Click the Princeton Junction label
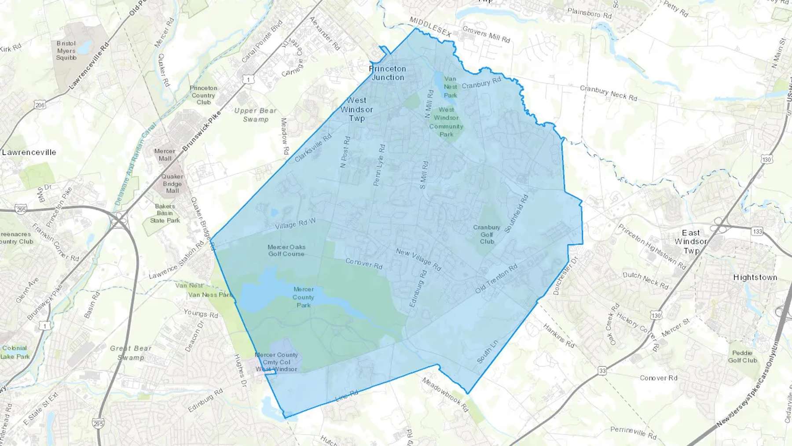pyautogui.click(x=388, y=73)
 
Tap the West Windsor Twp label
pyautogui.click(x=357, y=109)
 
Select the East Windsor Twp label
pyautogui.click(x=691, y=241)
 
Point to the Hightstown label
pyautogui.click(x=755, y=277)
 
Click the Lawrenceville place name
pyautogui.click(x=29, y=152)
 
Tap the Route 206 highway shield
pyautogui.click(x=40, y=105)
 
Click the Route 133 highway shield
pyautogui.click(x=757, y=231)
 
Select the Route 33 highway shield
pyautogui.click(x=602, y=371)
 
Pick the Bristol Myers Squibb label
pyautogui.click(x=66, y=50)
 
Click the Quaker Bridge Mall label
pyautogui.click(x=172, y=184)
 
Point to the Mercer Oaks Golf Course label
pyautogui.click(x=286, y=251)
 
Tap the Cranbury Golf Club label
pyautogui.click(x=487, y=234)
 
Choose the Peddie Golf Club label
pyautogui.click(x=742, y=357)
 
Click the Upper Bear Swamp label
pyautogui.click(x=256, y=115)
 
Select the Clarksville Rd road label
pyautogui.click(x=313, y=147)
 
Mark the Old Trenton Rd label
pyautogui.click(x=496, y=279)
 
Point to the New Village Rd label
pyautogui.click(x=418, y=259)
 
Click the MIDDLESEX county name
pyautogui.click(x=430, y=27)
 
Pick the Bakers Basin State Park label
pyautogui.click(x=165, y=213)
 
